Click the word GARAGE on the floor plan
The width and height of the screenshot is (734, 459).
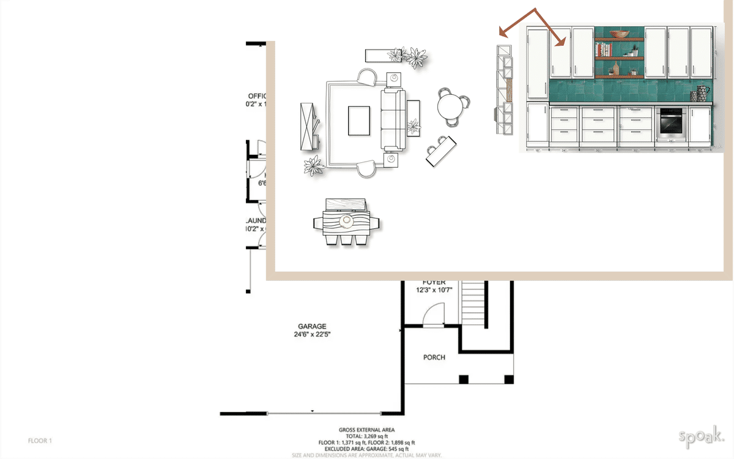coord(312,326)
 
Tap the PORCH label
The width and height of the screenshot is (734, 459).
coord(434,357)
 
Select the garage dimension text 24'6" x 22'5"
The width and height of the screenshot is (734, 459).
coord(312,335)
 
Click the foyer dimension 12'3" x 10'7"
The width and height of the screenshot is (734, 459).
coord(434,290)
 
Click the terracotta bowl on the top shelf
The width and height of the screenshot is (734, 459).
coord(619,34)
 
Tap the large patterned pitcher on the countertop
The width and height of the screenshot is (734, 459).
coord(701,94)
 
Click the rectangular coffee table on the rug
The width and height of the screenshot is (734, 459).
coord(359,121)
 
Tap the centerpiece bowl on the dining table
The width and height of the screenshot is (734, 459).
coord(347,220)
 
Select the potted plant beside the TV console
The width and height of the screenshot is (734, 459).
coord(314,166)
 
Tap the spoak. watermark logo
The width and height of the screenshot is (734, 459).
coord(701,436)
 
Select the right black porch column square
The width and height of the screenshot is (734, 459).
coord(508,379)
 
